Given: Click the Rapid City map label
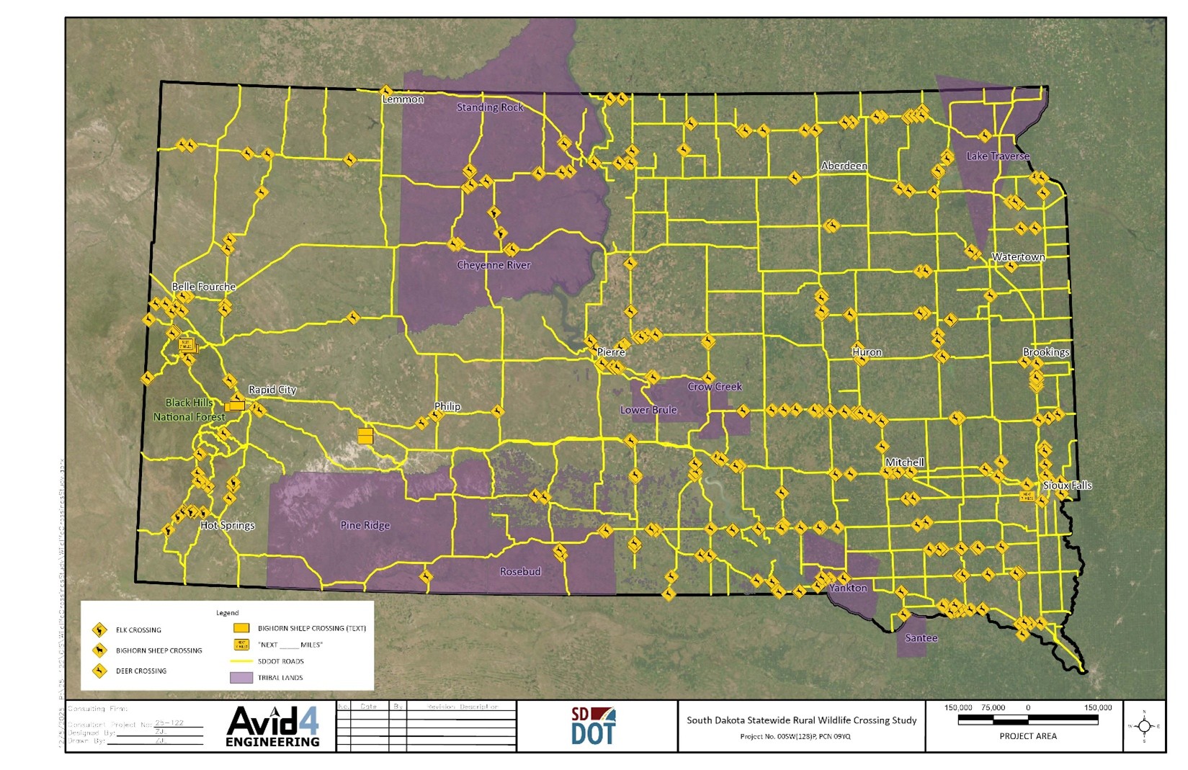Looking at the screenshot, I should click(272, 390).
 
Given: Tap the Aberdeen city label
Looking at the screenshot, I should click(844, 166).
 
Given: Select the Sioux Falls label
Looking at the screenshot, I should click(1067, 485).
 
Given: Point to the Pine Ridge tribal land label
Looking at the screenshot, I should click(365, 525).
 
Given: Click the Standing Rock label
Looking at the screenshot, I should click(490, 107).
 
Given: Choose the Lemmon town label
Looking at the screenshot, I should click(403, 99).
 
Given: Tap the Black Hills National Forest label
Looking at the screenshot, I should click(189, 410).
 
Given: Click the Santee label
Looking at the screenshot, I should click(921, 638).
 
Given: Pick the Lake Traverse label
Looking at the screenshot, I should click(998, 156).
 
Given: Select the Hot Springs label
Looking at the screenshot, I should click(227, 525).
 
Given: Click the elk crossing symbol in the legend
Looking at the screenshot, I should click(99, 630).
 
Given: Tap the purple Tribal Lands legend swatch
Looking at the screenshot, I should click(241, 678).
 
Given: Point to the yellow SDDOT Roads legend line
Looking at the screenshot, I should click(241, 661).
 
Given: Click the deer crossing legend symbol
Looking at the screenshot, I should click(99, 671).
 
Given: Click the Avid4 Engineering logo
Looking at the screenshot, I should click(272, 726).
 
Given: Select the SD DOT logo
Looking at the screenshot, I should click(593, 726).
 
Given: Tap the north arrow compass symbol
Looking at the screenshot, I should click(1144, 726).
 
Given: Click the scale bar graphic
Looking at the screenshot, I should click(1027, 720).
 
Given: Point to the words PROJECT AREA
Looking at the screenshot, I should click(1027, 736).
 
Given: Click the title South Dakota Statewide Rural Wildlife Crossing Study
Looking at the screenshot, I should click(801, 720).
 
